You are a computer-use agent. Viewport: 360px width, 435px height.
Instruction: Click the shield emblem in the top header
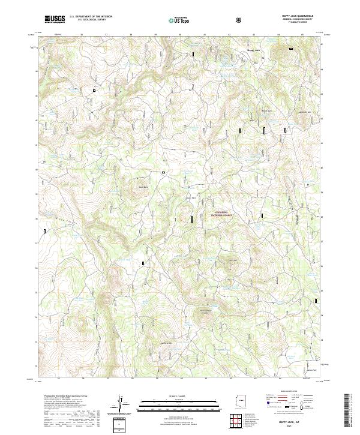pos(239,20)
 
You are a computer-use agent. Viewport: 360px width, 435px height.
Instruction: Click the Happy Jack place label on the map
pos(254,50)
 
